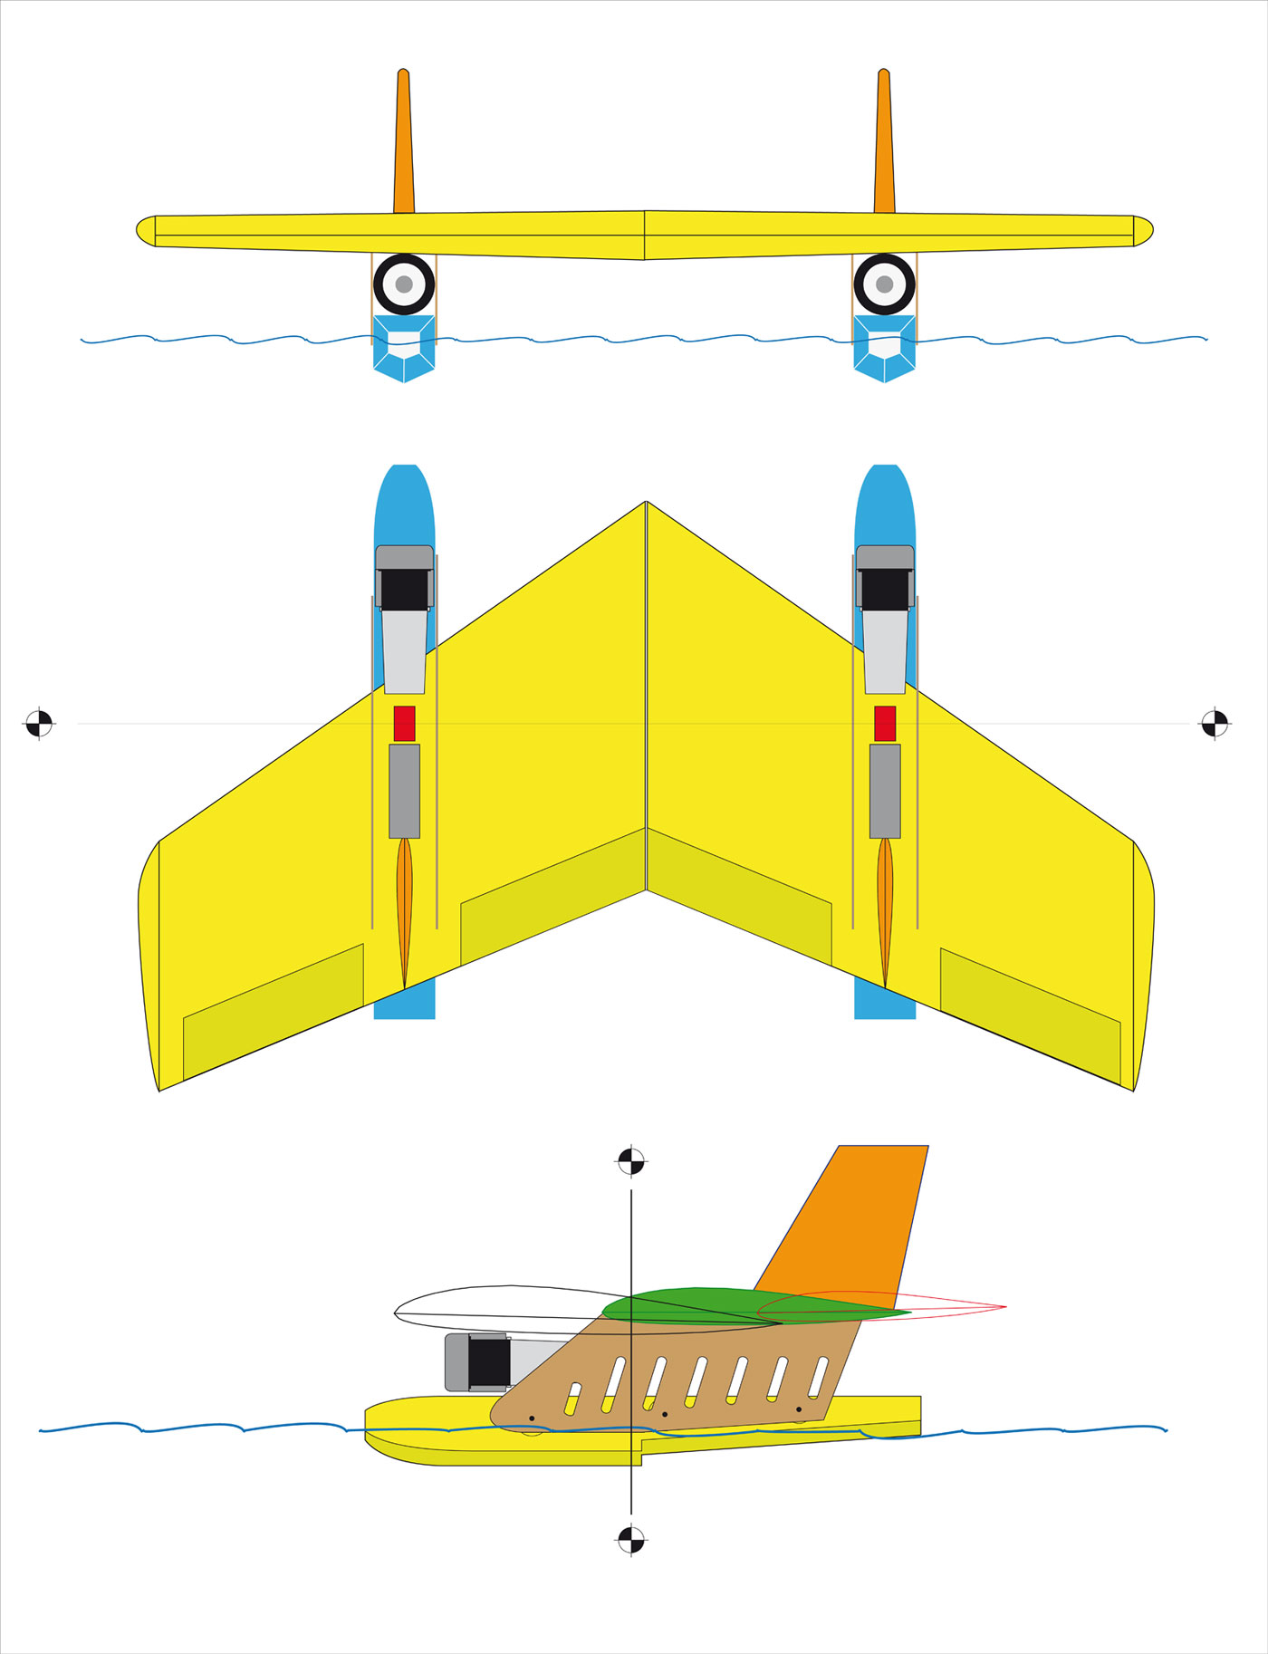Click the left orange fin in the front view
click(404, 145)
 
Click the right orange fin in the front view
click(884, 145)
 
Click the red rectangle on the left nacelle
click(404, 724)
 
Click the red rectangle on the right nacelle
click(885, 724)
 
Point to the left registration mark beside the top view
click(39, 724)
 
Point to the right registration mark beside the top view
click(1215, 724)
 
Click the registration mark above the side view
click(630, 1160)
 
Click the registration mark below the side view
click(630, 1538)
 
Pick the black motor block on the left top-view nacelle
click(404, 590)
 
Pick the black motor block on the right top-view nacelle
click(885, 590)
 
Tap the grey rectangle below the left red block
click(404, 791)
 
